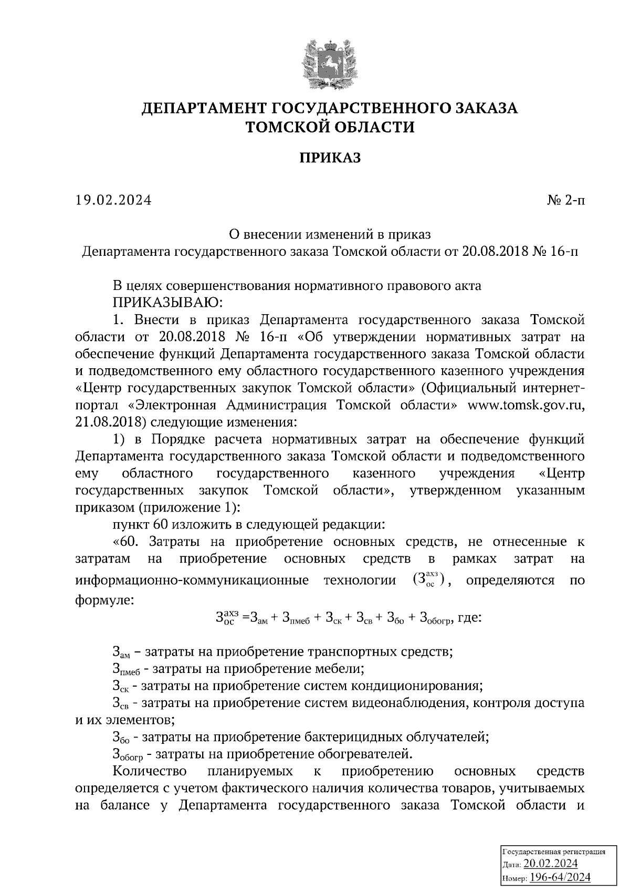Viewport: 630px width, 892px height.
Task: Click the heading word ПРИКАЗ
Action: (330, 158)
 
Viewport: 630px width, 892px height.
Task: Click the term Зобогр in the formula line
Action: (436, 619)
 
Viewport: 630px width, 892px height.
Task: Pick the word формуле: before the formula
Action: (104, 599)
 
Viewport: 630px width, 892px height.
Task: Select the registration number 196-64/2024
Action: (560, 877)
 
